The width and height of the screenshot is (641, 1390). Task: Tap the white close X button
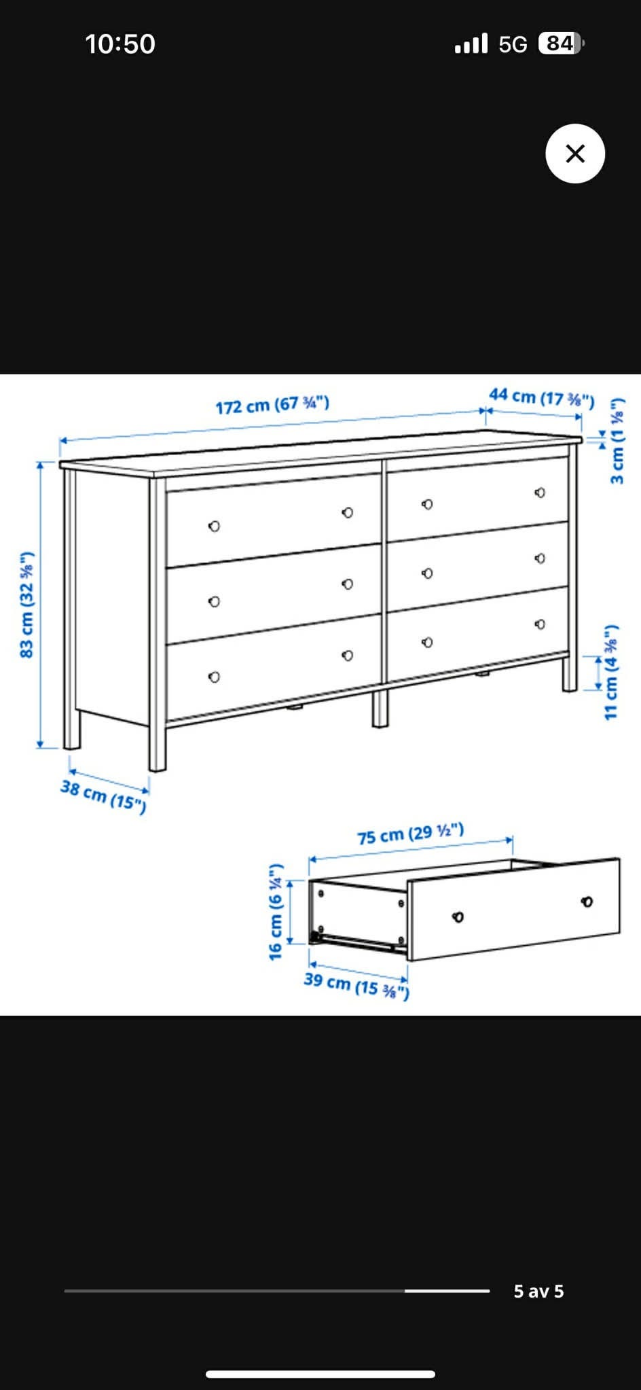pyautogui.click(x=575, y=154)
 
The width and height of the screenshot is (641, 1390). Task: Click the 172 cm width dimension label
pyautogui.click(x=272, y=405)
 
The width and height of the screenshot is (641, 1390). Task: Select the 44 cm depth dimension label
pyautogui.click(x=542, y=397)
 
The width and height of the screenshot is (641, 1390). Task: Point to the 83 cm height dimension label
pyautogui.click(x=26, y=605)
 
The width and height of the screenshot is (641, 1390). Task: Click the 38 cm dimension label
pyautogui.click(x=103, y=796)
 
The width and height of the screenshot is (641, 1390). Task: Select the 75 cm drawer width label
pyautogui.click(x=411, y=834)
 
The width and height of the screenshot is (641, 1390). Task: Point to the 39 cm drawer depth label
pyautogui.click(x=356, y=985)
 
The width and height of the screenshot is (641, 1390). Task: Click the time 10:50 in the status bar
pyautogui.click(x=120, y=44)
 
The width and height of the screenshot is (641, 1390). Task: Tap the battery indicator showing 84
pyautogui.click(x=561, y=43)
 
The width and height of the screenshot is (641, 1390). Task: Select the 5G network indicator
pyautogui.click(x=513, y=44)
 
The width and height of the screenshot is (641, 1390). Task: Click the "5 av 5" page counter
pyautogui.click(x=538, y=1291)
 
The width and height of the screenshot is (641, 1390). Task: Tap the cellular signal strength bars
pyautogui.click(x=471, y=43)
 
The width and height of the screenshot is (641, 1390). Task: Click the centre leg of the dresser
pyautogui.click(x=380, y=709)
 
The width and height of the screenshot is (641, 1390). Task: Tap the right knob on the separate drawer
pyautogui.click(x=587, y=902)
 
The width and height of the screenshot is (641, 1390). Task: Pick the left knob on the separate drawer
pyautogui.click(x=458, y=917)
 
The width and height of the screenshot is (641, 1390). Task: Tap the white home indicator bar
pyautogui.click(x=320, y=1374)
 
